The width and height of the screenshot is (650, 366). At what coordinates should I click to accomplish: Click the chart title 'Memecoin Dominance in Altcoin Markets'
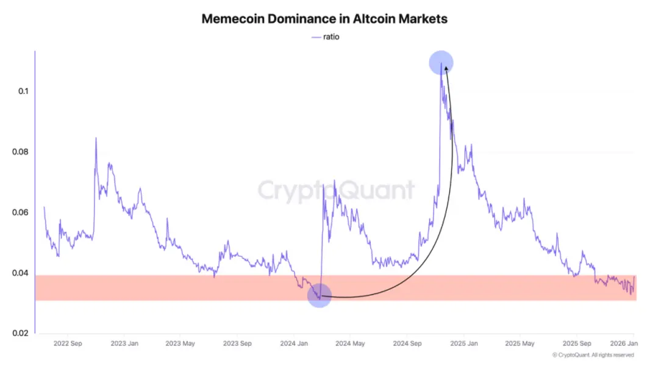(324, 19)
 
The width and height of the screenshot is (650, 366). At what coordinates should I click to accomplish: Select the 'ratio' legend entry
(326, 37)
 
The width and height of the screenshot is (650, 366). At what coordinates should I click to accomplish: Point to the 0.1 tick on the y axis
(23, 91)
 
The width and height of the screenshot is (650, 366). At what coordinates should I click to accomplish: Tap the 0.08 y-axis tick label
(20, 152)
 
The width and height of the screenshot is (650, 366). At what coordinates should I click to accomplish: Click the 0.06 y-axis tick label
(20, 212)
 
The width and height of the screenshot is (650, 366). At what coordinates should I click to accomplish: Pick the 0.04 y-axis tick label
(20, 273)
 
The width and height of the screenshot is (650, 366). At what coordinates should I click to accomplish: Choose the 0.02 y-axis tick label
(20, 333)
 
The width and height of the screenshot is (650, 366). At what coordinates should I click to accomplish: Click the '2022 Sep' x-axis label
(68, 343)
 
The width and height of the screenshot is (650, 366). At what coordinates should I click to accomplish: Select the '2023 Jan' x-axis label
(124, 343)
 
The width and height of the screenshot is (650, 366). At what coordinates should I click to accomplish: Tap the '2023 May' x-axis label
(180, 343)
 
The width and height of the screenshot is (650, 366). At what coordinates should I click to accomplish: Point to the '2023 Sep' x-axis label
(237, 343)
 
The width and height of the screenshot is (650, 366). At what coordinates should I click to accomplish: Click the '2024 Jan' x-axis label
(293, 343)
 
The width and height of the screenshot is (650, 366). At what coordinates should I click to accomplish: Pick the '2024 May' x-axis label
(349, 343)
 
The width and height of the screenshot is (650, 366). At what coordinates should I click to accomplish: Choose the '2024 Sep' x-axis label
(407, 343)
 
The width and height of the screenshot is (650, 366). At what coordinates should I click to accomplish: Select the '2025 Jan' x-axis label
(463, 343)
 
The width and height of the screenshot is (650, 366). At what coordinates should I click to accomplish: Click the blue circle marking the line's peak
(441, 62)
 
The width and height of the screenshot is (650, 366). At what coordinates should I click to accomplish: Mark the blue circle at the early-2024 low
(320, 295)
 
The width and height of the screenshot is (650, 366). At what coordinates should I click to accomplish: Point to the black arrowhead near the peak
(446, 69)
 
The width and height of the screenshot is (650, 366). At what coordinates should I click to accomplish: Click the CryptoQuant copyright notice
(593, 355)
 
